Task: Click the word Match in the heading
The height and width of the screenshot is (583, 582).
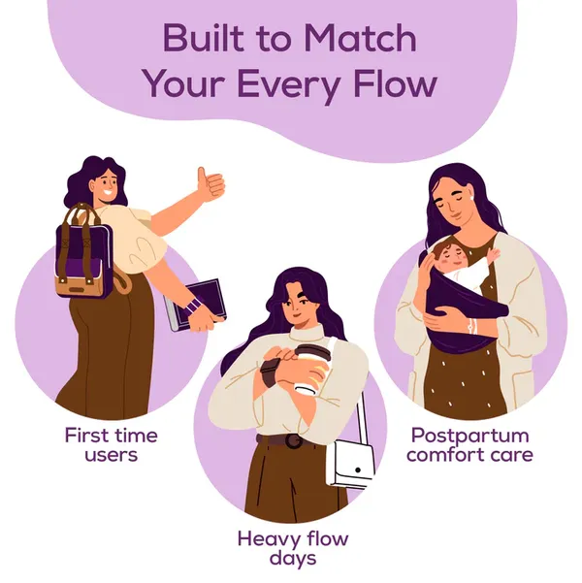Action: pos(361,38)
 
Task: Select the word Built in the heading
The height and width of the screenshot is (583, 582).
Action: pos(204,38)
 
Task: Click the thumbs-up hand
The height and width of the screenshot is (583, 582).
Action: pos(210,183)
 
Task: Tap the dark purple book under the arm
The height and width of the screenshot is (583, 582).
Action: pos(196,305)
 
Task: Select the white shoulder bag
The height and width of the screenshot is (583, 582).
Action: pos(350,465)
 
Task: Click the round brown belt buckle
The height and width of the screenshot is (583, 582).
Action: pos(294,441)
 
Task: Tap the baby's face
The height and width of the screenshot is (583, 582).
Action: pos(450,256)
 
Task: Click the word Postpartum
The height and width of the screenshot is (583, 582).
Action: pos(470,436)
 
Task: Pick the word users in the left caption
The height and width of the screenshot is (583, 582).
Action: pos(112,455)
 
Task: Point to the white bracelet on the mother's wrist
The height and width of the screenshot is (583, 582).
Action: pos(472,327)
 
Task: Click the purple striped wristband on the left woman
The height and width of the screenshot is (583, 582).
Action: pos(193,306)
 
